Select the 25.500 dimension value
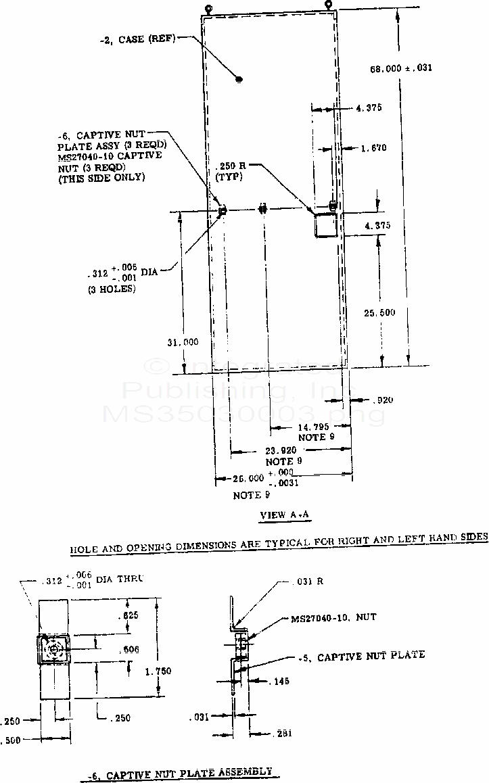[379, 312]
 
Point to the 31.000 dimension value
[183, 342]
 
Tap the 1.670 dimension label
[374, 147]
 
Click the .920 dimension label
[383, 400]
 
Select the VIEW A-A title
[285, 515]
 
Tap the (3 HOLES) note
[112, 289]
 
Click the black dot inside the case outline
[239, 79]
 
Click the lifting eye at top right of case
[329, 5]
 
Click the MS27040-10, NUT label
[333, 617]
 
